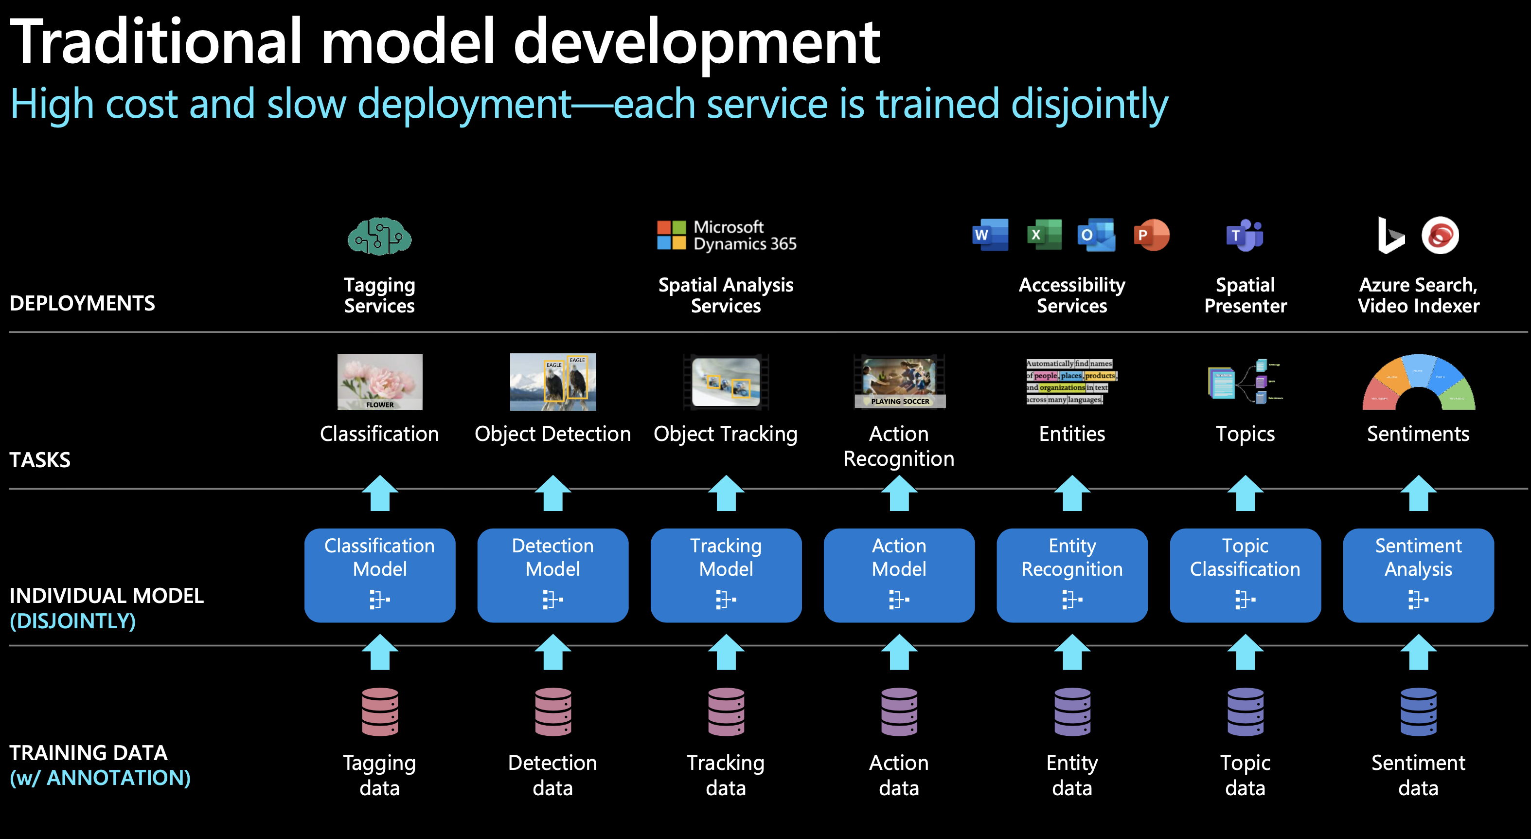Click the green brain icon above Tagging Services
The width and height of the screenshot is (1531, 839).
pos(379,236)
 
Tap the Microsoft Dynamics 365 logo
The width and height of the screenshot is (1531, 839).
pos(726,236)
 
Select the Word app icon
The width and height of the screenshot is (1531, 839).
pos(990,235)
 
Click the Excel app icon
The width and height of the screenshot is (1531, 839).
pos(1044,235)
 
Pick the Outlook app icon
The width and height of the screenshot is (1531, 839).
pos(1096,235)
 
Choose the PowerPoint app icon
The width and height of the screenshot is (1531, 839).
pos(1151,235)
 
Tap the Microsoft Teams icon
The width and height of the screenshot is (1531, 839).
pos(1245,236)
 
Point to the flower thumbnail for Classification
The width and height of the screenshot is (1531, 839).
pos(380,382)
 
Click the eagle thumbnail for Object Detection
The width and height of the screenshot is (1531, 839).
pos(553,382)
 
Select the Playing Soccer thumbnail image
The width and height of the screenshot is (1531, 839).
pos(899,382)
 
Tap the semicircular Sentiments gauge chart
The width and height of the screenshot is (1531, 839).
pos(1418,383)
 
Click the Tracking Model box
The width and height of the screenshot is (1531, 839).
pos(726,575)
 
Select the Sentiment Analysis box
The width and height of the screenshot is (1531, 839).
pos(1418,575)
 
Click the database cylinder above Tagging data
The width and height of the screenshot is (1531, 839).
pos(380,712)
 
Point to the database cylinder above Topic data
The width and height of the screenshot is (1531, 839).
pos(1245,712)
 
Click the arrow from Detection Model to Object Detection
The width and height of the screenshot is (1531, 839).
pos(553,493)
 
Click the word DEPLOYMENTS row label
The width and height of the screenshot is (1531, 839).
pos(83,303)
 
